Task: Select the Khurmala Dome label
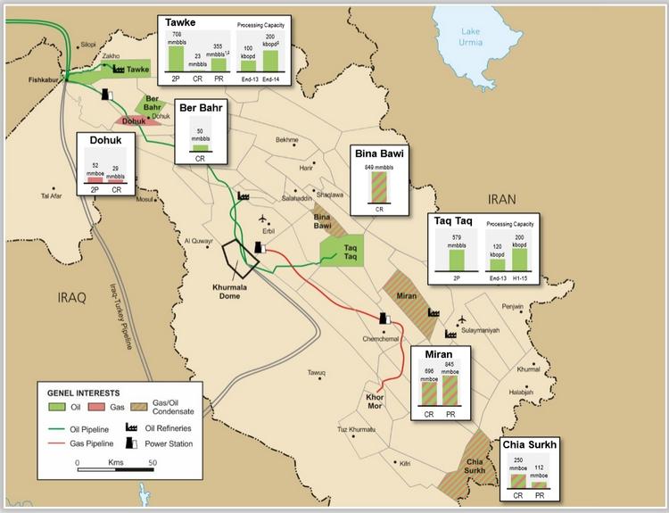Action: coord(238,294)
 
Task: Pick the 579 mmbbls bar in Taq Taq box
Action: coord(456,260)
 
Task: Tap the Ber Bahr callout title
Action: coord(200,108)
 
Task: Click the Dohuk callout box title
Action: coord(105,141)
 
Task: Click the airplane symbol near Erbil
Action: coord(260,220)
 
